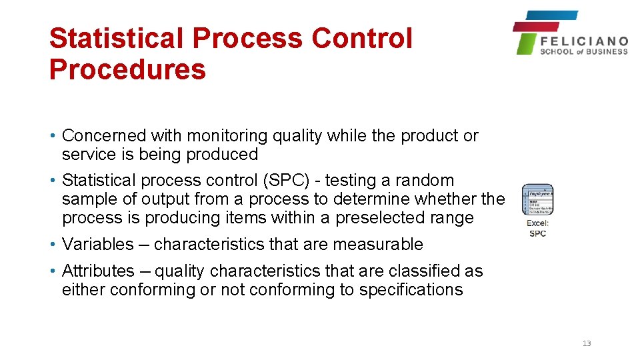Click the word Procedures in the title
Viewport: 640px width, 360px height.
pos(127,69)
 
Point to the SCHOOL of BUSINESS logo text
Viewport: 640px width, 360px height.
pos(584,51)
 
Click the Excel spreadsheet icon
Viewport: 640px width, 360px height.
pos(537,200)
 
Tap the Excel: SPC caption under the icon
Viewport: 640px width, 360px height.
pos(537,228)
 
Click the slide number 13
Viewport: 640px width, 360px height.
pos(587,343)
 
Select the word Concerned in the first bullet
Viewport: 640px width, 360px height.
pos(104,136)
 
